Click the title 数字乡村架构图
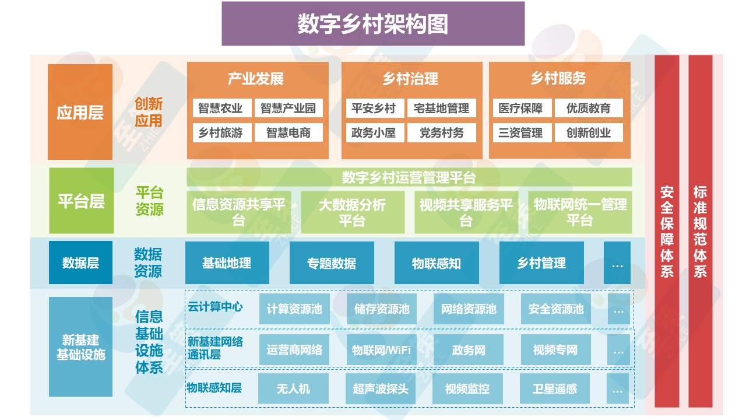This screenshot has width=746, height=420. [373, 24]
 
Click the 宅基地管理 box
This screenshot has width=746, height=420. [441, 108]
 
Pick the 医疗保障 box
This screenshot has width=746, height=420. [521, 108]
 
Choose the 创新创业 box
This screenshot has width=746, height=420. [589, 133]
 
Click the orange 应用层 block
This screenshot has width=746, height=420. [80, 112]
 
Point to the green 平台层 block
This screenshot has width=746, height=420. [81, 201]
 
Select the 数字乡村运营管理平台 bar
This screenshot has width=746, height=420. [409, 177]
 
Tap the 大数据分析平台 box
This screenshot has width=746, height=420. [352, 212]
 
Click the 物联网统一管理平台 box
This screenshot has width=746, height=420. [580, 212]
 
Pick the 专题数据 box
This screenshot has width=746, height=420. [332, 263]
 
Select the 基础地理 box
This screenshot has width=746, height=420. [227, 263]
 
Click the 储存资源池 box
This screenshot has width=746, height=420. [382, 309]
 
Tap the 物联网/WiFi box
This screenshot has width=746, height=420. [381, 350]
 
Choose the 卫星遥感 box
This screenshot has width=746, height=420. [555, 388]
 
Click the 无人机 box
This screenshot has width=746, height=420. [293, 388]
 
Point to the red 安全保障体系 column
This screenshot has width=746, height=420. [667, 231]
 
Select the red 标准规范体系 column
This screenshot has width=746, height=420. [700, 231]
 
